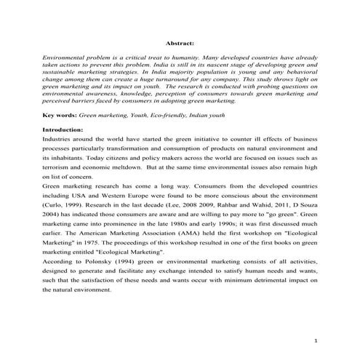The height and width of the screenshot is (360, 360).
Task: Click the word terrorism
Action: tap(60, 167)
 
